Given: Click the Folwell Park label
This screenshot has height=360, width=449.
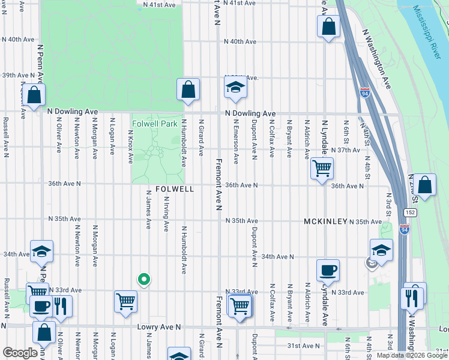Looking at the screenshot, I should (155, 124).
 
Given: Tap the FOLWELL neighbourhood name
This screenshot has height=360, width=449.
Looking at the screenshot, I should (175, 189).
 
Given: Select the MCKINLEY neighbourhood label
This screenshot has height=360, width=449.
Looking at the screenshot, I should (325, 221).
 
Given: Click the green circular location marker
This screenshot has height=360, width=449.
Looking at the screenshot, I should (143, 278).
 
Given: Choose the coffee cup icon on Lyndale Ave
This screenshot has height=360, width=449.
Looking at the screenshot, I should (328, 269).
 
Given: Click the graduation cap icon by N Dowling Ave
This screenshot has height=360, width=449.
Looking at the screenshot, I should (235, 88).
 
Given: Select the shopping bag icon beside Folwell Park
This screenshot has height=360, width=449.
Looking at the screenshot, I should (188, 89).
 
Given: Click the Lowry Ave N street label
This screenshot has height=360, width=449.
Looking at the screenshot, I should (159, 327).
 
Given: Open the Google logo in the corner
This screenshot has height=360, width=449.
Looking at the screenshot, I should (19, 353).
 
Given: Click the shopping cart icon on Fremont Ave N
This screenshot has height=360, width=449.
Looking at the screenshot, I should (240, 306).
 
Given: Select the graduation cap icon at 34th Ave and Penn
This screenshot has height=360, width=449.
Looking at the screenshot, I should (42, 251).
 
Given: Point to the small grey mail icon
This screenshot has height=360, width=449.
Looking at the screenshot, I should (372, 262).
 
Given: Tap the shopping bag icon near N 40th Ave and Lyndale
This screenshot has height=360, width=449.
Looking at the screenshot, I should (328, 26).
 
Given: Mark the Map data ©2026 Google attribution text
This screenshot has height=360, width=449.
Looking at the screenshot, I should (411, 355).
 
